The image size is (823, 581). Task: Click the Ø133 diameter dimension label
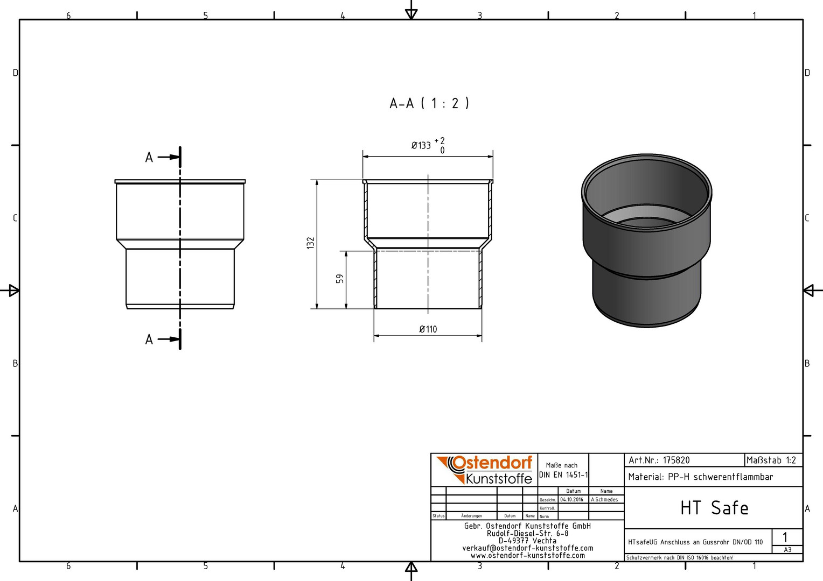tap(421, 146)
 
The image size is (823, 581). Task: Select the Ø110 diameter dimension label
tap(428, 329)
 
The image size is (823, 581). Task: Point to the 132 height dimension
tap(311, 243)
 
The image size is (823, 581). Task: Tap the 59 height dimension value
tap(340, 279)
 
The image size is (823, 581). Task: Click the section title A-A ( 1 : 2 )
tap(429, 103)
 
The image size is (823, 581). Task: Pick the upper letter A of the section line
tap(149, 158)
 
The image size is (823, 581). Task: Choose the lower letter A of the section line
tap(149, 339)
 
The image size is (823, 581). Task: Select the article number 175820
tap(676, 460)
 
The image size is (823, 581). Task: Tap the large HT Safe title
tap(714, 508)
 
